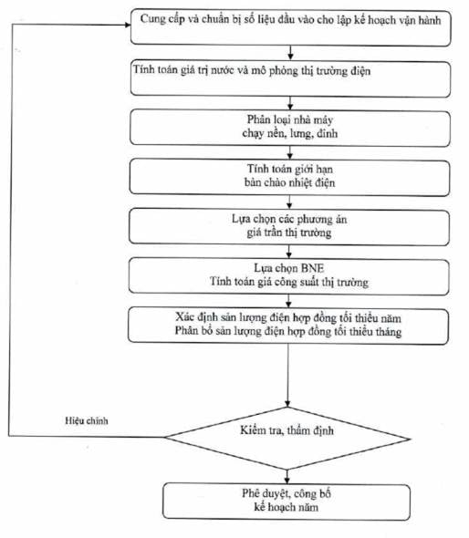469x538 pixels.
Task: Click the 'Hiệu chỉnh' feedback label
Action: tap(87, 420)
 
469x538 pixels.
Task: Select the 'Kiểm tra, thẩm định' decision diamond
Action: tap(287, 439)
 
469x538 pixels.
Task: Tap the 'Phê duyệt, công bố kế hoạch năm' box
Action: tap(287, 502)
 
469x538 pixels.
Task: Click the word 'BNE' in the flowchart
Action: tap(312, 268)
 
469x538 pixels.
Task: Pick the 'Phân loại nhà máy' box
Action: tap(290, 128)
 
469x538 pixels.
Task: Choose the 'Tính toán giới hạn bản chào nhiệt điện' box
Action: tap(289, 177)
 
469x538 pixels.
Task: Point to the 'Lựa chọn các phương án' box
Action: tap(289, 227)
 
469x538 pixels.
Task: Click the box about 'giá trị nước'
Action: tap(290, 79)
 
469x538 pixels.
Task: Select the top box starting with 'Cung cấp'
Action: tap(291, 27)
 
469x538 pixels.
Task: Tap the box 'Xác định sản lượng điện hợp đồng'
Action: tap(288, 326)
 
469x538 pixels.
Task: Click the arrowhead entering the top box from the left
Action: tap(128, 25)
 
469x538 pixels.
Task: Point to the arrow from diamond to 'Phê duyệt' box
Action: tap(287, 477)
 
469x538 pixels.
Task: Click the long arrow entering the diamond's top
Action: tap(287, 376)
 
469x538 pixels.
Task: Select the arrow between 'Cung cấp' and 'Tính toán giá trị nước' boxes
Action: tap(290, 53)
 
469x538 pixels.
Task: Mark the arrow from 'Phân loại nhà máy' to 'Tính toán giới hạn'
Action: tap(290, 152)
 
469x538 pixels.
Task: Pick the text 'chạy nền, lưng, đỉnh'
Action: tap(290, 133)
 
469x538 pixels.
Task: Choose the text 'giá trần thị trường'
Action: tap(289, 233)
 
